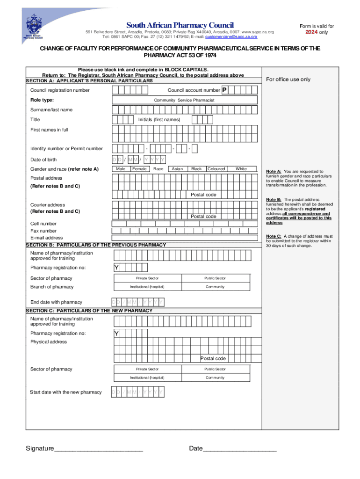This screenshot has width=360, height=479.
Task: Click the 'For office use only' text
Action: click(288, 80)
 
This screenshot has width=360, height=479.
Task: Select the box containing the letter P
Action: click(224, 90)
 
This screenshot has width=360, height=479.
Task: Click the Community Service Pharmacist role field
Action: click(184, 100)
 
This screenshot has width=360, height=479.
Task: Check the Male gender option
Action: click(121, 169)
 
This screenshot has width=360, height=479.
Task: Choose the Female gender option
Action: click(139, 169)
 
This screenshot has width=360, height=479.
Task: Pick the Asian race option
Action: click(177, 169)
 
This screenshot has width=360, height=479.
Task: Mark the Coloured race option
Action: click(216, 169)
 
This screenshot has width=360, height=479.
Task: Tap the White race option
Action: click(241, 169)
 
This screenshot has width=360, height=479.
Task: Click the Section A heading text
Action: click(89, 81)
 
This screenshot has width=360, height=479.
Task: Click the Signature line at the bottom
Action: click(98, 449)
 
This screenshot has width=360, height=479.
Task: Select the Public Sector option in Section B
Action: click(215, 278)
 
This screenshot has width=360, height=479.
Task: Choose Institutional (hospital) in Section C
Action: click(147, 377)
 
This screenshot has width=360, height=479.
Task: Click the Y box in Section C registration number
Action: click(116, 334)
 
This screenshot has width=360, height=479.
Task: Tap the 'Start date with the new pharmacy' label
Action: click(66, 392)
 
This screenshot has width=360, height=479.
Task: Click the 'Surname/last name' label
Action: click(51, 110)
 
